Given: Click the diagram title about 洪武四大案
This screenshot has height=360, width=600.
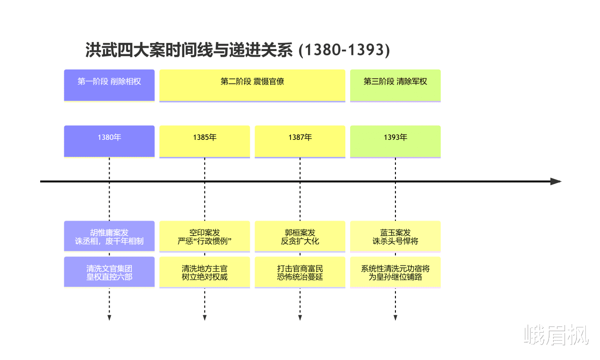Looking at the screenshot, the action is point(238,50).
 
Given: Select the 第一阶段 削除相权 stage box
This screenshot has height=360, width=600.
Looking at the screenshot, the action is point(109,86).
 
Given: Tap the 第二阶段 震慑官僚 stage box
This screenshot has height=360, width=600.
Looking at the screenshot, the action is point(252,86).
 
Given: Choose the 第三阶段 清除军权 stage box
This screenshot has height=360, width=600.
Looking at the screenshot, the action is point(395,86).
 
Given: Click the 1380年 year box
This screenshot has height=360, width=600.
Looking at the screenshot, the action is point(109,141).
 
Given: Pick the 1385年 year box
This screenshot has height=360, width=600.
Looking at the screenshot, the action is point(205,141).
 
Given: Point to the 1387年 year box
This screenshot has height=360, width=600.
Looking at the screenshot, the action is point(300,141).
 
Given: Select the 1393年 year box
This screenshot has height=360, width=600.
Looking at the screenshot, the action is point(395,141).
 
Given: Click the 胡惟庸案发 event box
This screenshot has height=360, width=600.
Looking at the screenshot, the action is point(109,236).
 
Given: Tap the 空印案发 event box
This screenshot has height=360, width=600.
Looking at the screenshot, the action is point(205,236).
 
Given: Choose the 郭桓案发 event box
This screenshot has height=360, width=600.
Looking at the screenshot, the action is point(300,236).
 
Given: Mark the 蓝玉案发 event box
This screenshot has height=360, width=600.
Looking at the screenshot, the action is point(395,236).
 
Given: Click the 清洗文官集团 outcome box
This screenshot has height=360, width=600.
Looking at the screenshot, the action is point(109,272).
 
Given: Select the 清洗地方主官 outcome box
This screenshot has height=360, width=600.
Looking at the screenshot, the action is point(205,272).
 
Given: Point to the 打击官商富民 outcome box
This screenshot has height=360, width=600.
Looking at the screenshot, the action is point(300,272).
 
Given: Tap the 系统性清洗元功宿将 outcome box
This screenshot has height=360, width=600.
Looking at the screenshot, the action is point(395,272).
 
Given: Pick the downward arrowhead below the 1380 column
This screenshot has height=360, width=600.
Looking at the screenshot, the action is point(109,317).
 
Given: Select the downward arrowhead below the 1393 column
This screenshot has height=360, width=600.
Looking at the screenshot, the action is point(395,317).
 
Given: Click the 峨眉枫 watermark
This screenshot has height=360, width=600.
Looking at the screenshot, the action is point(556,334).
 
